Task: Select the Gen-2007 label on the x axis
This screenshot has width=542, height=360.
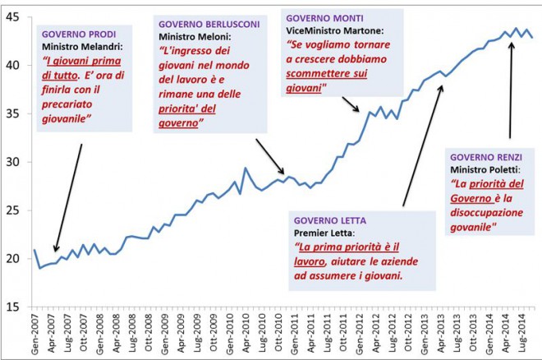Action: [34, 334]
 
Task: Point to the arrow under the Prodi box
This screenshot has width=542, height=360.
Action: [68, 197]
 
